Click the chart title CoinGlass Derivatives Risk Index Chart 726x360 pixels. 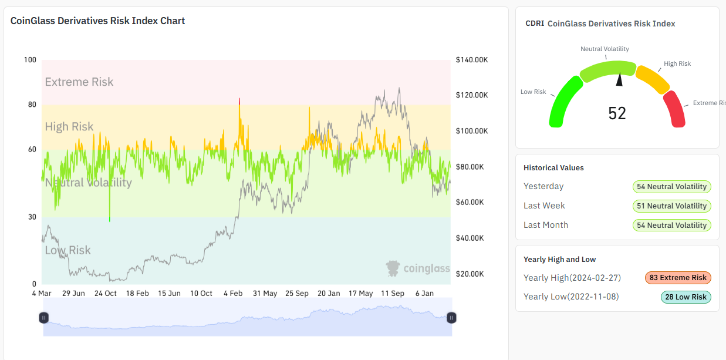coord(97,21)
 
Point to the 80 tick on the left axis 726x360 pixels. coord(30,105)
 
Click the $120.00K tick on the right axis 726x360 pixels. coord(472,95)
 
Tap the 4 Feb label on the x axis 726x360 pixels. coord(233,293)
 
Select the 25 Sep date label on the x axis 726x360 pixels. coord(296,293)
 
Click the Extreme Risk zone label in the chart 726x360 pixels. coord(79,82)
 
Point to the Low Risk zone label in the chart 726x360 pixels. coord(68,250)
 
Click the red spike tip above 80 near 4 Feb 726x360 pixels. coord(239,100)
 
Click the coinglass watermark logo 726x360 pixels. coord(417,268)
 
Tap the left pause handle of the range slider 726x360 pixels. coord(44,318)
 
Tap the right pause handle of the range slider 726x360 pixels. coord(451,318)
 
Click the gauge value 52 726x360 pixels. coord(617,113)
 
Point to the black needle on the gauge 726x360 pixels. coord(619,80)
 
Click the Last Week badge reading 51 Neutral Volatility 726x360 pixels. coord(671,206)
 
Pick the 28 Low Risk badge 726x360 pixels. coord(686,297)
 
